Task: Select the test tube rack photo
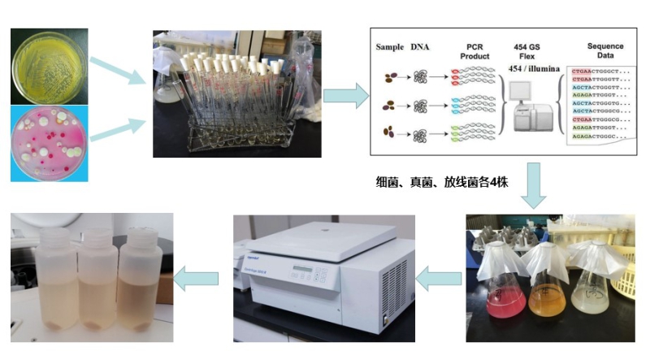(x=236, y=93)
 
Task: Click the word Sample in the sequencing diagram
(x=390, y=48)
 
